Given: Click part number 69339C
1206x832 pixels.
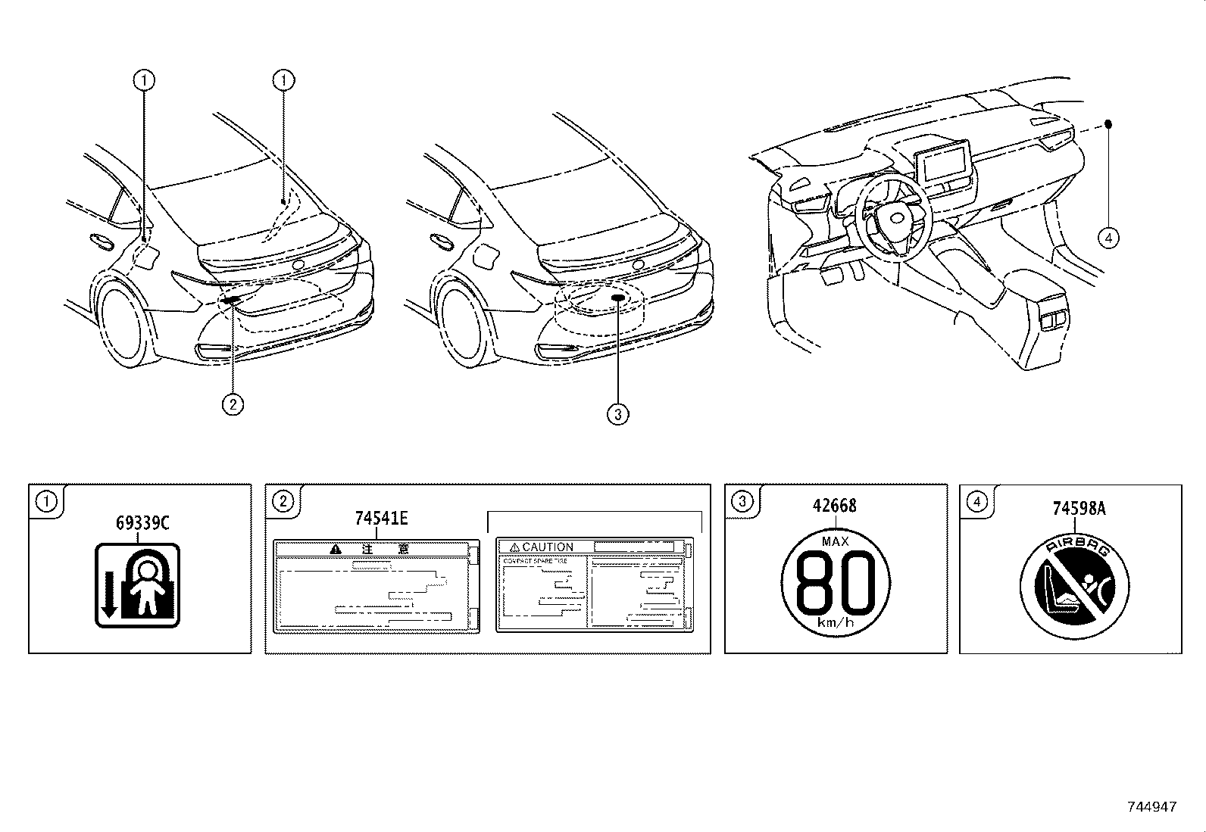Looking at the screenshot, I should pos(142,522).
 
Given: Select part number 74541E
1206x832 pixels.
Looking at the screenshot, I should pos(381,518).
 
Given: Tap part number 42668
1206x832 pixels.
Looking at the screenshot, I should pos(835,506).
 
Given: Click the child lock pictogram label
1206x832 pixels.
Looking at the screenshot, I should pos(138,585).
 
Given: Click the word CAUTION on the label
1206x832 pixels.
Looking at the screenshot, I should pos(547,547).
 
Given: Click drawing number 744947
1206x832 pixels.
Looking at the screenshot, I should pos(1151,807).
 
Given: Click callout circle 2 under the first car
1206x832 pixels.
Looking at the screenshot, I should pos(233,404).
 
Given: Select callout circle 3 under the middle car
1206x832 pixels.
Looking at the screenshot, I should pos(618,414).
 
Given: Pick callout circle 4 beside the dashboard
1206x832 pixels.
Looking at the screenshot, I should pos(1108,238).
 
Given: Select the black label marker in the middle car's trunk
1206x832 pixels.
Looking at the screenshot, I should pos(618,298).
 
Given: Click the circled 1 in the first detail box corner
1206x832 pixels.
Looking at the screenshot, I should pos(47,500).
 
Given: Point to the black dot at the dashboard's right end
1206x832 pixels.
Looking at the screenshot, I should pos(1108,123).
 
